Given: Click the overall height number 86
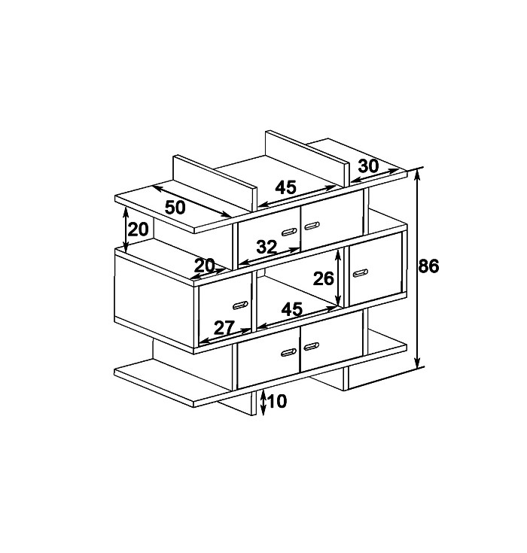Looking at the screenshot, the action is pos(428,266).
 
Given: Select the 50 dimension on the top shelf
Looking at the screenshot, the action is pos(175,208).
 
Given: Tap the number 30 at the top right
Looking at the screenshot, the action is pos(368,166).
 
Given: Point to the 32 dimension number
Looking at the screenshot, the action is pos(267,247).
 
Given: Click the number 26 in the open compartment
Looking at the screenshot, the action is pos(323,278).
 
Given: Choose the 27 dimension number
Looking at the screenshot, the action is pos(224,328).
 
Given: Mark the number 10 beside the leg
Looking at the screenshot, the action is pos(278,401).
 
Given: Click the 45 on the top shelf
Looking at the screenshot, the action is pos(286,187).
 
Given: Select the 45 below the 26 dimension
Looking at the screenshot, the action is pos(292,309).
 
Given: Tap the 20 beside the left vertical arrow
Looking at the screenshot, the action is pos(138,229).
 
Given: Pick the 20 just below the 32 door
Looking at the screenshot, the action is pos(204,265).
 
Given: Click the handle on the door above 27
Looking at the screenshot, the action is pos(240,305).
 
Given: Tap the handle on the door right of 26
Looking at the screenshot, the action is pos(361,273).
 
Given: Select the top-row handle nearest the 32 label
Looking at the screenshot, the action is pos(289,232).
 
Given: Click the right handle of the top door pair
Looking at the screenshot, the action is pos(312,226).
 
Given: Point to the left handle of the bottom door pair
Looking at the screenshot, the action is pos(289,352).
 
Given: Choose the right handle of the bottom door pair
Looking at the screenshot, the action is pos(312,346).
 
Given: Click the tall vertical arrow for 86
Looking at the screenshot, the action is pos(417,268).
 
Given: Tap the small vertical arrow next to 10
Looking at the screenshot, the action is pos(263,403).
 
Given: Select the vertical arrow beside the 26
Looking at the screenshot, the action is pos(338,278).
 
